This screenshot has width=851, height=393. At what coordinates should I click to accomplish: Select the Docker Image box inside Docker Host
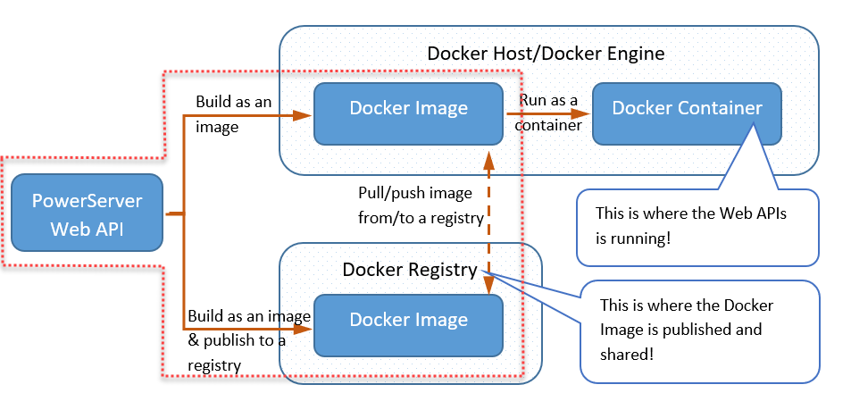point(408,113)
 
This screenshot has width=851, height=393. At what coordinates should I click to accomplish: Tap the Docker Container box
point(687,113)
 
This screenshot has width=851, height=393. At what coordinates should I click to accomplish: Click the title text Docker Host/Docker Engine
point(546,53)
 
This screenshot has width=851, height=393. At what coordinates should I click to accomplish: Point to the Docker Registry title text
point(410,268)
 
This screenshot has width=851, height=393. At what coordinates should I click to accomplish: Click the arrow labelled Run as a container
point(546,113)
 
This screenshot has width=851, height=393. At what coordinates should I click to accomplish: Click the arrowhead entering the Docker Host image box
point(304,114)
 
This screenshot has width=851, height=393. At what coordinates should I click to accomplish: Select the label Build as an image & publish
point(248,340)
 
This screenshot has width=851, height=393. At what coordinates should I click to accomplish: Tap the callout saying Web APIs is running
point(697,227)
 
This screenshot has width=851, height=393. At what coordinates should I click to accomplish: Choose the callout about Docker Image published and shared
point(699,330)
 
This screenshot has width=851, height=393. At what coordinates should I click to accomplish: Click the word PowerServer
point(87,201)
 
